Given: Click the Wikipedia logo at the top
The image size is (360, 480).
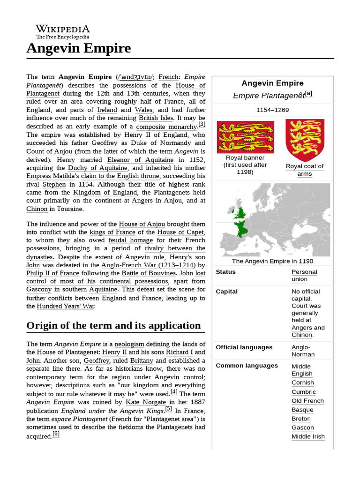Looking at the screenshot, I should [62, 31].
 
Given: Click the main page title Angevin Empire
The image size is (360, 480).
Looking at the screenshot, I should [78, 48].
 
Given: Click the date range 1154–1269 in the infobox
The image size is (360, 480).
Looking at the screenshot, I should [272, 110].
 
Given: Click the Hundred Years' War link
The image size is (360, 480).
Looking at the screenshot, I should [66, 306].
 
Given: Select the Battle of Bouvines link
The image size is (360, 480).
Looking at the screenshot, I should [149, 273].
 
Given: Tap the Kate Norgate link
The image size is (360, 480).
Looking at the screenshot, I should [146, 402].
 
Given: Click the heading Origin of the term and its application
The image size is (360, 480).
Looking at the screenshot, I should [113, 325].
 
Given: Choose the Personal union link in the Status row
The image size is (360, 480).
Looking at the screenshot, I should [304, 275].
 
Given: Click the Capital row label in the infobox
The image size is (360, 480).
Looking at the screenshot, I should [226, 291].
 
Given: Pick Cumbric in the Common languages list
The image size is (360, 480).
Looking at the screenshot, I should [303, 391].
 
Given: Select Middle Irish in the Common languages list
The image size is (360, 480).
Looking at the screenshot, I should [307, 436].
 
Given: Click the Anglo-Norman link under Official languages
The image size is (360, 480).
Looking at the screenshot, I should [303, 351].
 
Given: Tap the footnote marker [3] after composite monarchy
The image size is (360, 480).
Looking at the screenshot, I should [202, 124].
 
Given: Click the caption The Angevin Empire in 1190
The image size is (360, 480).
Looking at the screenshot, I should [272, 261].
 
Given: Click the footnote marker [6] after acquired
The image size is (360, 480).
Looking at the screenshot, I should [56, 434].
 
